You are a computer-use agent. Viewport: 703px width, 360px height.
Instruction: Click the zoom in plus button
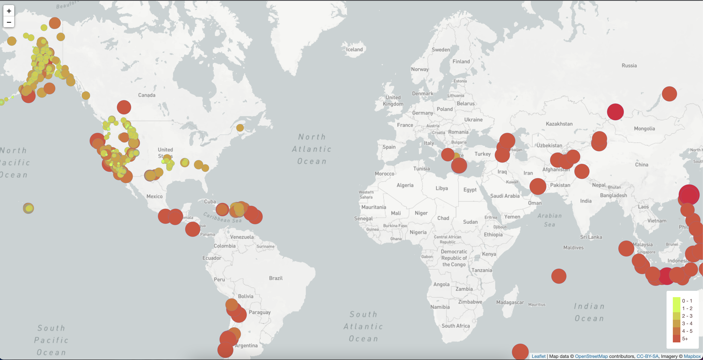[9, 11]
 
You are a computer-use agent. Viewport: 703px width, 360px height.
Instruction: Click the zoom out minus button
[9, 22]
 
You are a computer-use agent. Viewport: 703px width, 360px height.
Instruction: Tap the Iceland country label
[354, 49]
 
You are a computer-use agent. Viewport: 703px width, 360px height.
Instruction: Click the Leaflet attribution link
[538, 356]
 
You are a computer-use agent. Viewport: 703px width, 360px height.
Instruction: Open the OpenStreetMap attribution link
[591, 356]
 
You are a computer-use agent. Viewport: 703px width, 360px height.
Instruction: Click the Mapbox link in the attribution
[692, 356]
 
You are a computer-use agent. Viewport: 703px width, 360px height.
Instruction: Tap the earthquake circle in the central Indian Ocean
[559, 276]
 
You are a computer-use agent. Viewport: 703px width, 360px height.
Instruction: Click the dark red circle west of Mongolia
[615, 112]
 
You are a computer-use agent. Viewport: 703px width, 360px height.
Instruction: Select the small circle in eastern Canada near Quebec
[240, 127]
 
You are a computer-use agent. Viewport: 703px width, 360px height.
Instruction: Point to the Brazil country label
[276, 278]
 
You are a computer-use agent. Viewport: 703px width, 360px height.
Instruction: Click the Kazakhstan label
[559, 124]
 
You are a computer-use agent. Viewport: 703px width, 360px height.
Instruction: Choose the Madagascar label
[510, 302]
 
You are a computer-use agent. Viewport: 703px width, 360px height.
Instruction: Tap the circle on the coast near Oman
[538, 186]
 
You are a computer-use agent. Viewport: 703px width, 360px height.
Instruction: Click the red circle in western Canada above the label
[124, 107]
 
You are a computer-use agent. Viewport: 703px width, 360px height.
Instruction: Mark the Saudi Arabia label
[505, 196]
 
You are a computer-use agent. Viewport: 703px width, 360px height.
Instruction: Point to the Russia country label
[629, 66]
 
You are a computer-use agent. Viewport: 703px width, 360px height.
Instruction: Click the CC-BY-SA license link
[647, 356]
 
